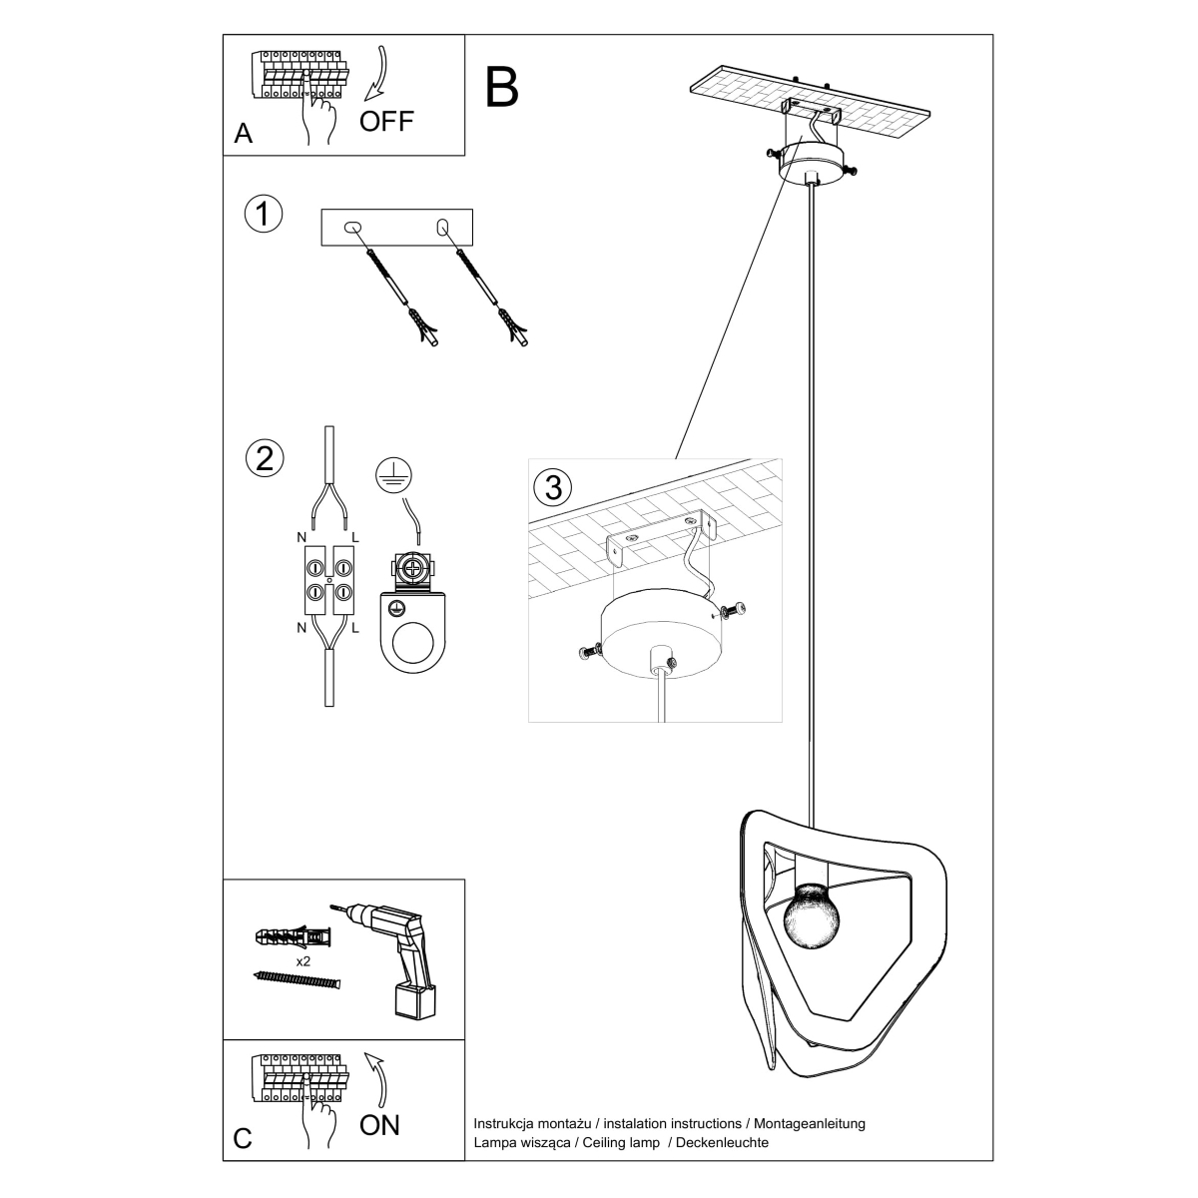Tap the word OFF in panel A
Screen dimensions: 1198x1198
point(385,122)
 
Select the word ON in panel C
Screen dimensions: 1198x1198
point(379,1125)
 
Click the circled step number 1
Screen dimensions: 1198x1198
point(264,215)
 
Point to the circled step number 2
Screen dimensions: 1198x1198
point(264,457)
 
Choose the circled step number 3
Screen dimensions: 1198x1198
point(554,487)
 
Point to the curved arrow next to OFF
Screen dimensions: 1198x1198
point(377,73)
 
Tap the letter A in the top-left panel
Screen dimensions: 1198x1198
point(243,134)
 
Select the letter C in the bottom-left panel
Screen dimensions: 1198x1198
point(243,1140)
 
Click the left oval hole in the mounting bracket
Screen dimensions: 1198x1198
point(351,228)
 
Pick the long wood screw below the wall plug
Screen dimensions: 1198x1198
point(298,981)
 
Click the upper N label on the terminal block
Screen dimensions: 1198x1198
point(301,537)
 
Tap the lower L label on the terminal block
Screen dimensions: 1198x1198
point(356,629)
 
